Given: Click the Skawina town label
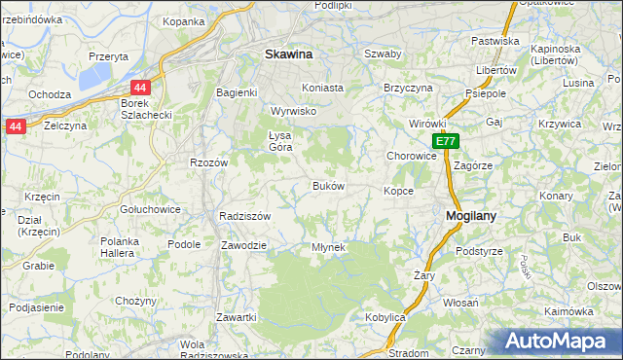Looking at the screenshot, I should click(288, 55).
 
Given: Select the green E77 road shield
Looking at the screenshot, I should click(445, 142).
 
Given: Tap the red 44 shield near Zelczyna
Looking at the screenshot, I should click(15, 126).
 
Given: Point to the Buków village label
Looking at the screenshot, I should click(328, 186).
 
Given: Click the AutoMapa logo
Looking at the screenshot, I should click(556, 341).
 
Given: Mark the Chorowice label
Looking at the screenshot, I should click(411, 156).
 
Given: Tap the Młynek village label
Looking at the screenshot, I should click(328, 247).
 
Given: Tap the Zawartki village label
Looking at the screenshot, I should click(237, 318).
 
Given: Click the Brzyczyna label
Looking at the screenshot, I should click(408, 88).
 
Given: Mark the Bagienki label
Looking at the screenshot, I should click(236, 93).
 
